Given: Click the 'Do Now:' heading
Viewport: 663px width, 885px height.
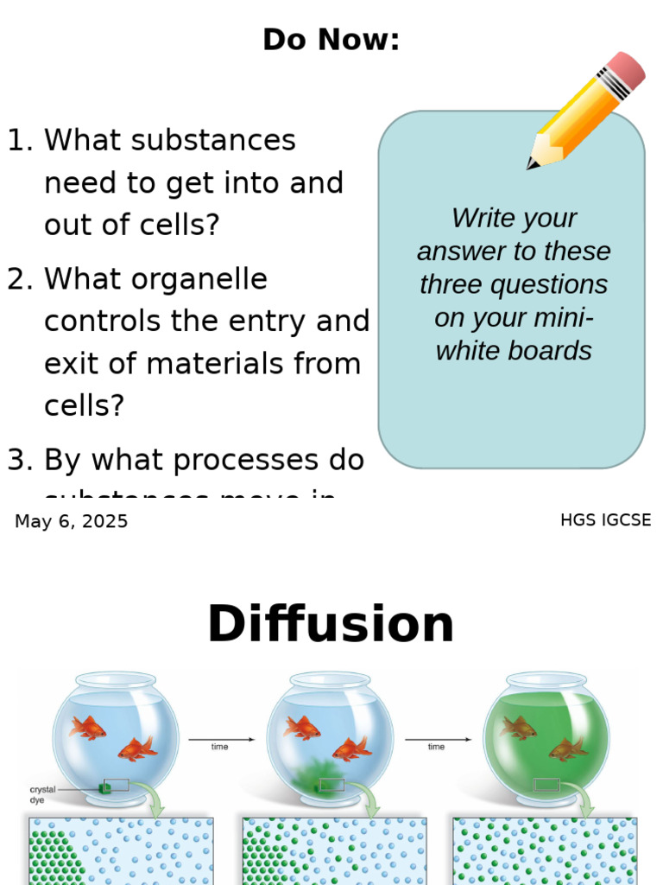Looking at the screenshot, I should coord(331,40).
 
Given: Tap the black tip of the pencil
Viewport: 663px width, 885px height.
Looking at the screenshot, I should coord(532,163).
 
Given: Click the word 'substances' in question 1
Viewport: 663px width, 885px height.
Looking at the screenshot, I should coord(169,140).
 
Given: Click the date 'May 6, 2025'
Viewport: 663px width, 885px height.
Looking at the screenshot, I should coord(71,521).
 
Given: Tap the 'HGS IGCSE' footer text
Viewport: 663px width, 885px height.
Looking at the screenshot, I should coord(605,520).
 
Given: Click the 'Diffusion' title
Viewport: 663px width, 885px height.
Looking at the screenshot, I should coord(331,624).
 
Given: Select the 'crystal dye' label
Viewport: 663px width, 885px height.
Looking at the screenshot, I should coord(42,794).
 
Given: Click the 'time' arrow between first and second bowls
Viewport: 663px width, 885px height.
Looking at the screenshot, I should coord(221,740).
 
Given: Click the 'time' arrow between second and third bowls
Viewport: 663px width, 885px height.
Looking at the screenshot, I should coord(437,740).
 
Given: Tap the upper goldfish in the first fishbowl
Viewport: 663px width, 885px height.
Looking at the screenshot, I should coord(88,728).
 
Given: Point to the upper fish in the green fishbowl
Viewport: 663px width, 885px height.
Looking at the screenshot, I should coord(519,728).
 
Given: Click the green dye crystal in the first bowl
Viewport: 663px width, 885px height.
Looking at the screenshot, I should coord(105,786).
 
